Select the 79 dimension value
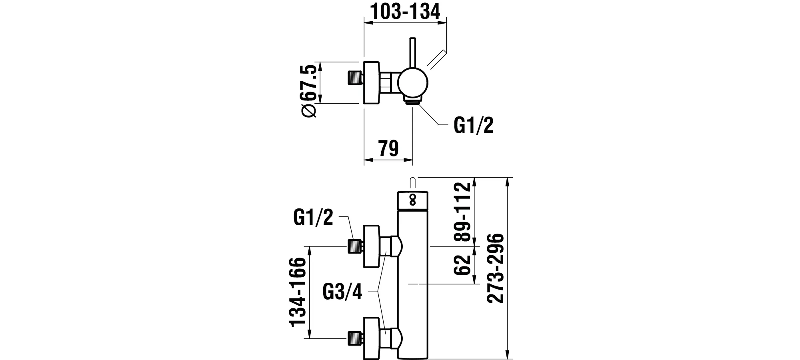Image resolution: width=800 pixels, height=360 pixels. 388,148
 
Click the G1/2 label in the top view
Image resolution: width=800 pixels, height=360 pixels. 474,126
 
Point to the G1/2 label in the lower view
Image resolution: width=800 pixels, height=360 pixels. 313,217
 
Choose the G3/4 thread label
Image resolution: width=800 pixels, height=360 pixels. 342,292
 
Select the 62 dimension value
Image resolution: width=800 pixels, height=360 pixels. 462,264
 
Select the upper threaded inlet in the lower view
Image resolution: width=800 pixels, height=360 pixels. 354,246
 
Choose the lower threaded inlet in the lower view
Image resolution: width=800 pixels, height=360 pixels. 354,338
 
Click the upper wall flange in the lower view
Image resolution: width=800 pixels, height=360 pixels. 370,246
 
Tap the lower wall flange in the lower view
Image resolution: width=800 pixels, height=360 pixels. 370,338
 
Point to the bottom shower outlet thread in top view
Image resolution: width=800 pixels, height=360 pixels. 413,102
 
